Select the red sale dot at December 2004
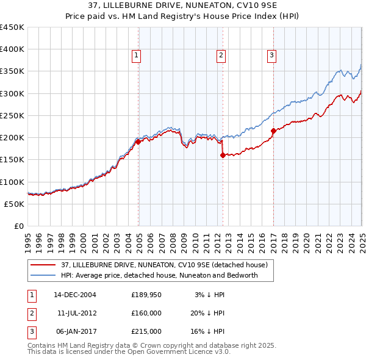[x=138, y=142]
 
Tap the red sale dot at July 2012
[x=223, y=155]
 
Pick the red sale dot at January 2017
[x=273, y=131]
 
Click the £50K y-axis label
[x=14, y=204]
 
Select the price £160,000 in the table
[x=146, y=313]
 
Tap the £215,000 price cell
[x=146, y=331]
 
